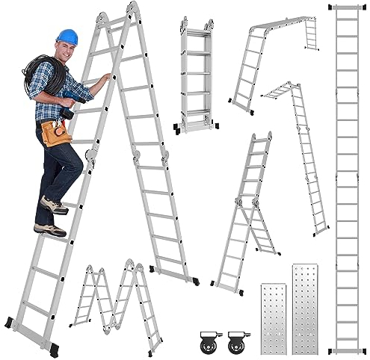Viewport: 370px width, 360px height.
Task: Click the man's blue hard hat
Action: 67,37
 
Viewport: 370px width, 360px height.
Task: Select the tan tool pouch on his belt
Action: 57,132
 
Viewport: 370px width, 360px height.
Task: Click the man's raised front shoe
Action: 55,205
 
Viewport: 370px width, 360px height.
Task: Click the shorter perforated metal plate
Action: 272,317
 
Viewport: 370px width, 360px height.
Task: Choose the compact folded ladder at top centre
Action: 196,75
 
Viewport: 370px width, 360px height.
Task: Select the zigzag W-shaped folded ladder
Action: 116,302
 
